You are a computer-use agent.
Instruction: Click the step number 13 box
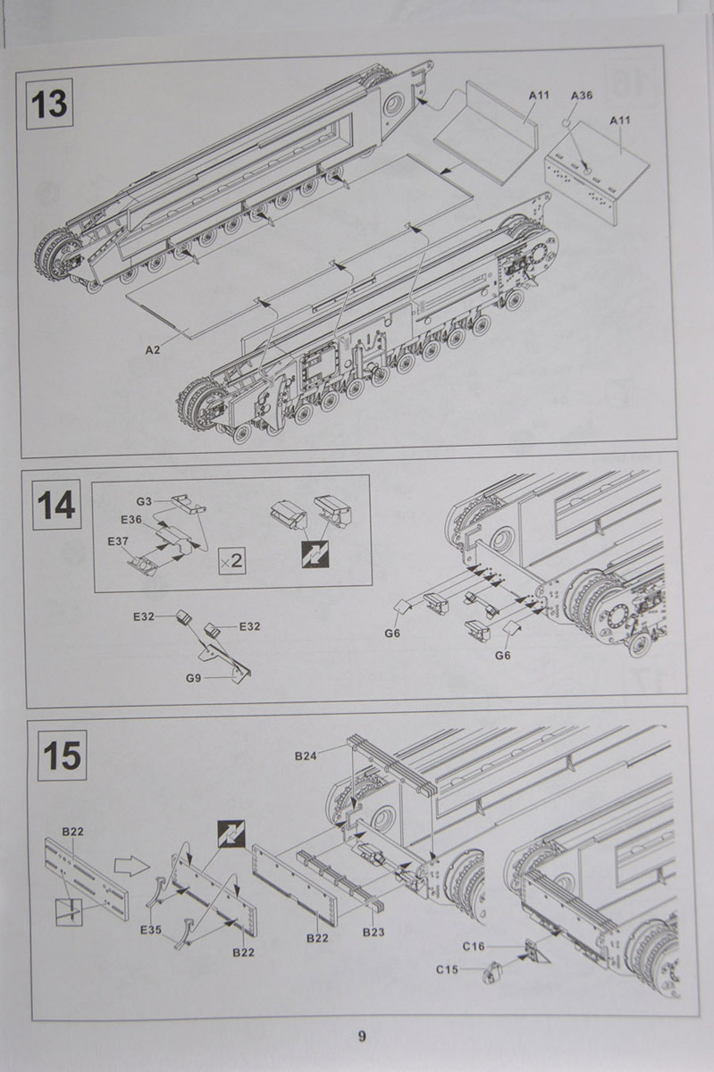pos(48,105)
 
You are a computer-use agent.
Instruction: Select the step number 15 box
pos(61,756)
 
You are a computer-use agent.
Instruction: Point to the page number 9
pos(361,1036)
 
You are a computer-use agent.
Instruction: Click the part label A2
pos(153,349)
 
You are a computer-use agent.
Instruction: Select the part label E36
pos(130,519)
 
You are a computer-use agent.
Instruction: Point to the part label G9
pos(194,678)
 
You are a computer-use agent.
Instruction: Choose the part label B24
pos(306,757)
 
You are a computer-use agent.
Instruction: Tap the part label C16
pos(474,946)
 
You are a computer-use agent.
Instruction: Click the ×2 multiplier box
pos(231,561)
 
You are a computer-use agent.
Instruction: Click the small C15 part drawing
pos(490,973)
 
